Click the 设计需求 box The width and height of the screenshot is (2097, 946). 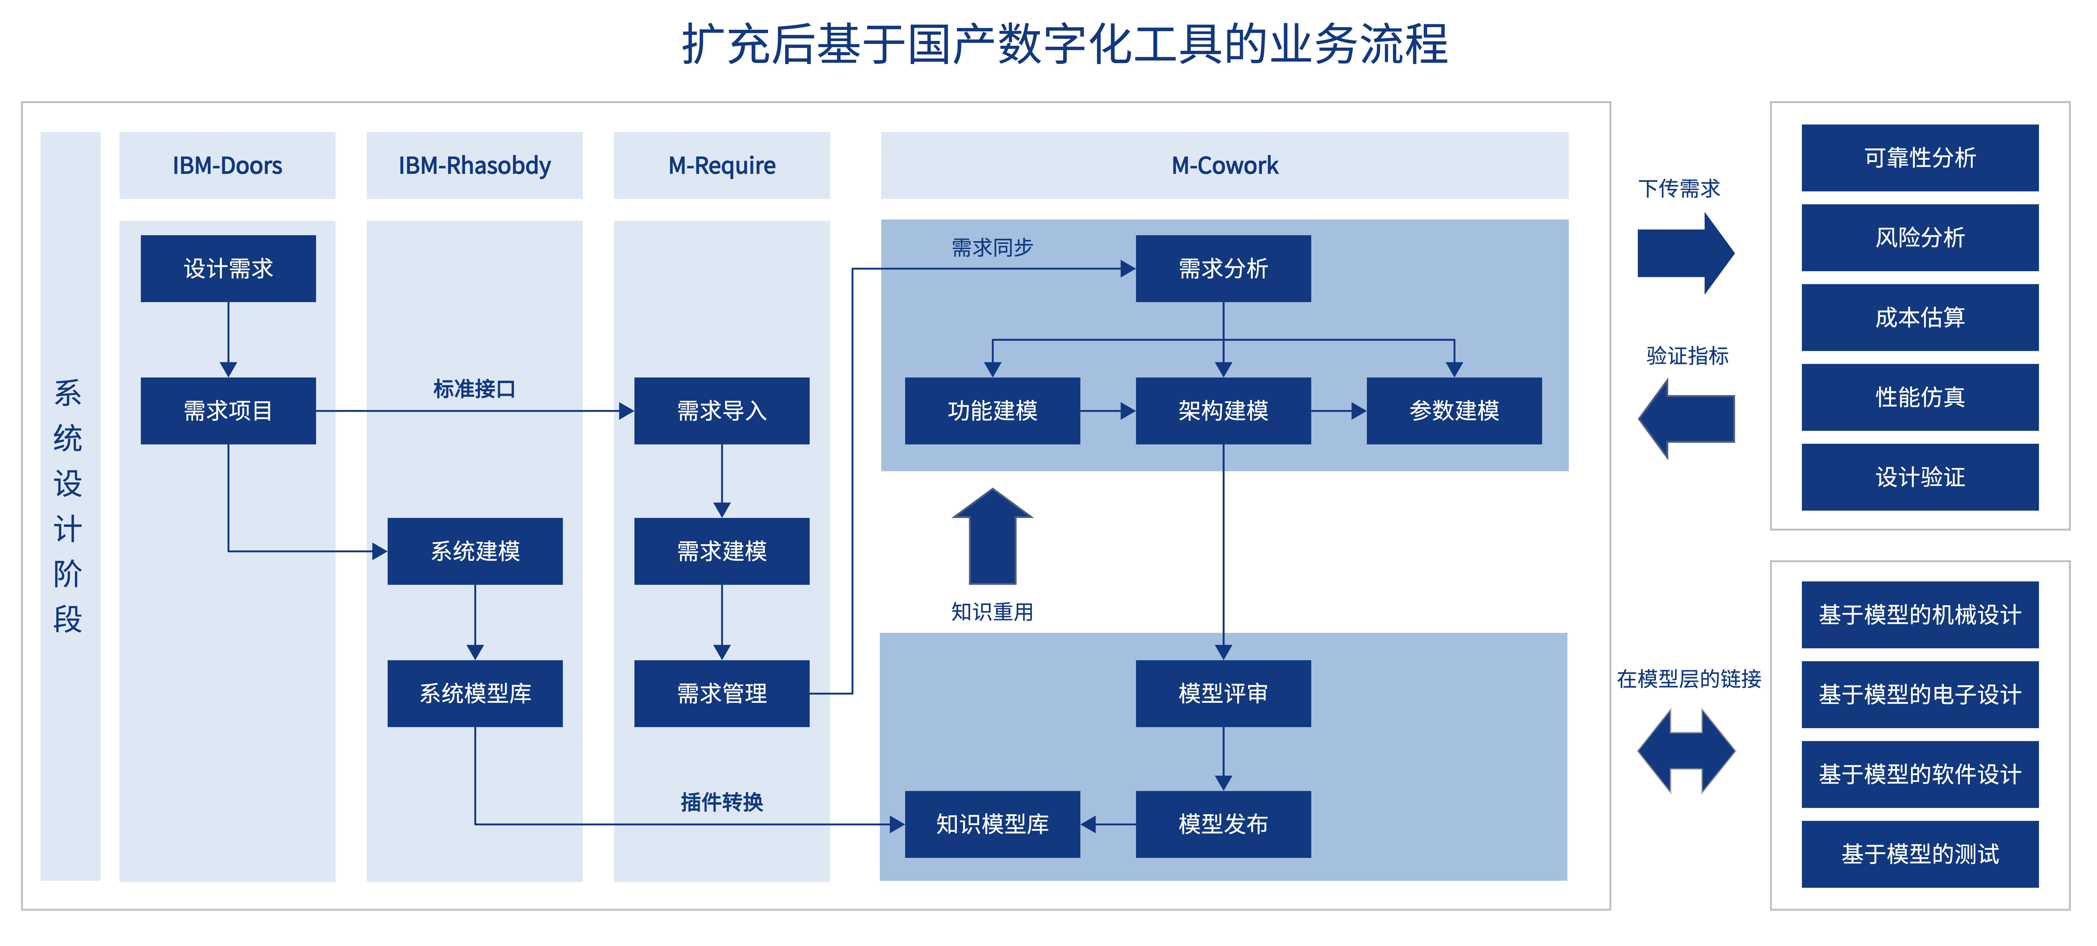click(228, 269)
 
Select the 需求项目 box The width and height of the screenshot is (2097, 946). click(228, 410)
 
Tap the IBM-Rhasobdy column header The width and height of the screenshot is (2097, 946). click(475, 165)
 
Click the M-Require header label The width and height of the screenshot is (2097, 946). click(722, 165)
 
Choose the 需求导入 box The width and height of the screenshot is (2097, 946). click(722, 410)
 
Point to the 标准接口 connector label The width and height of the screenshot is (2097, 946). click(475, 389)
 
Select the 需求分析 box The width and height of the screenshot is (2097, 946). click(1224, 269)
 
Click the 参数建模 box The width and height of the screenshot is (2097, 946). click(1454, 410)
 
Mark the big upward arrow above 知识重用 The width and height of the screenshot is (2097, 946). click(992, 536)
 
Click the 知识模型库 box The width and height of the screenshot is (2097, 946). click(992, 824)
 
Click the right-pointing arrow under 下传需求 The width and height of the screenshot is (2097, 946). click(1686, 253)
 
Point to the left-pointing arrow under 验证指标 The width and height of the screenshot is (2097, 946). click(1686, 418)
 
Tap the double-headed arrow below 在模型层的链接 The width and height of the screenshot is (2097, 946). click(1686, 751)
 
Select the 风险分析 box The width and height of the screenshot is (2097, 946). click(1920, 238)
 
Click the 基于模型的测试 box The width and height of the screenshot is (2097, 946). click(1920, 854)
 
